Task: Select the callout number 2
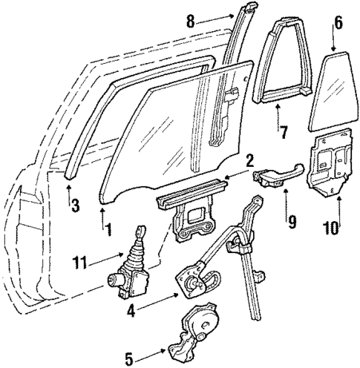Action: pos(250,160)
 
